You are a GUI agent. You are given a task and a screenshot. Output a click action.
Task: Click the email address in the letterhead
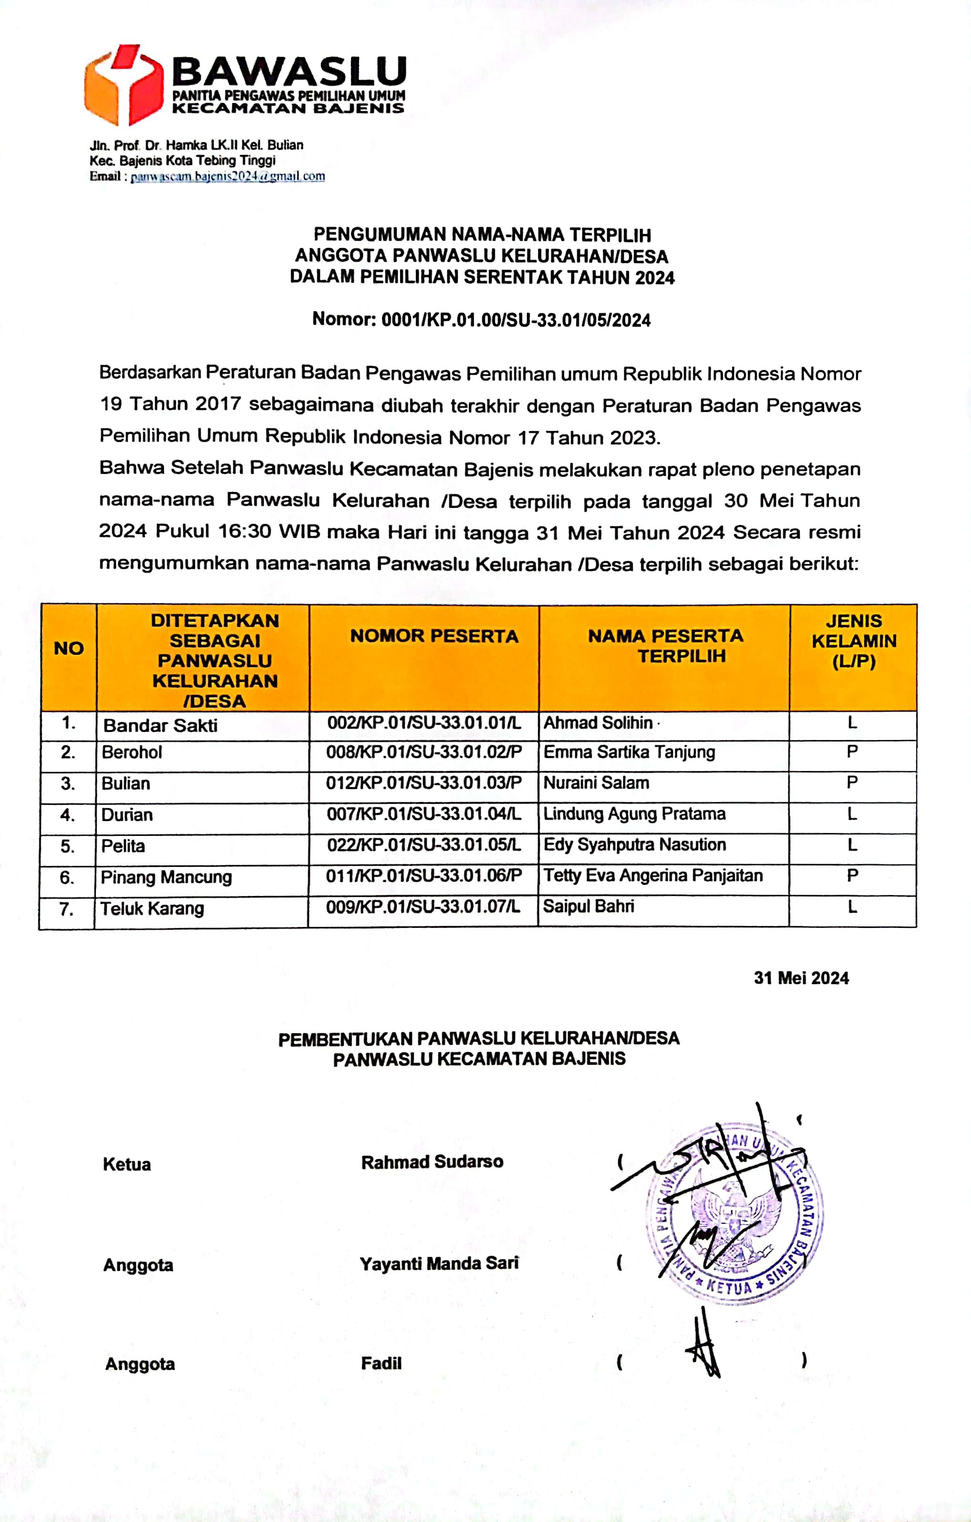[227, 176]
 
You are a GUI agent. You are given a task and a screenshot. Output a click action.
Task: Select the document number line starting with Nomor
[481, 320]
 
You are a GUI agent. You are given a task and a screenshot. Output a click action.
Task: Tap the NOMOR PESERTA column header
[434, 636]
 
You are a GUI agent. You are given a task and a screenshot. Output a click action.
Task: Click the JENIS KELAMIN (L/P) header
[853, 641]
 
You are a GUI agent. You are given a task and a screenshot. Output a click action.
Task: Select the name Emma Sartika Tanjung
[629, 752]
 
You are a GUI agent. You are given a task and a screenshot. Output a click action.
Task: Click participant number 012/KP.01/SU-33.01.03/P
[424, 783]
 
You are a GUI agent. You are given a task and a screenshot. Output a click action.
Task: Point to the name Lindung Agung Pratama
[634, 813]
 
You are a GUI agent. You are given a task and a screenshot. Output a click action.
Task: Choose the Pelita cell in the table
[123, 846]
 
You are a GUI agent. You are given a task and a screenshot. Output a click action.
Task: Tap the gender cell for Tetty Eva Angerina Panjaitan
[852, 875]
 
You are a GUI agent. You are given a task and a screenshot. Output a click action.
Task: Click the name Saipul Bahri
[588, 906]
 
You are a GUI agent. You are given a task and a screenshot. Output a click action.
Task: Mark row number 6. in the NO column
[67, 877]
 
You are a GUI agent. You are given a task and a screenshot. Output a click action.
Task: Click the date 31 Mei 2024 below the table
[801, 978]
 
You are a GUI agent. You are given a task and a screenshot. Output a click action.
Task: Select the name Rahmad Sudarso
[432, 1162]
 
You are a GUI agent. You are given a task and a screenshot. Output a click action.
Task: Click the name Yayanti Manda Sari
[439, 1263]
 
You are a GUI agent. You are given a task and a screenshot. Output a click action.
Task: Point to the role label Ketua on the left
[126, 1164]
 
